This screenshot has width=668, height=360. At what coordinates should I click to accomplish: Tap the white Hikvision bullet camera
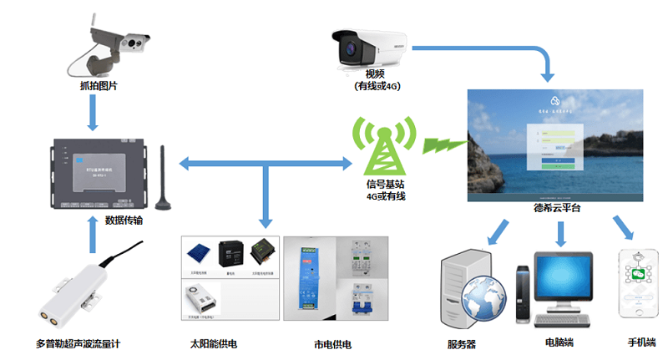click(367, 47)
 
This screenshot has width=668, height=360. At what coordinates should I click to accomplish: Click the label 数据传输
click(129, 220)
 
